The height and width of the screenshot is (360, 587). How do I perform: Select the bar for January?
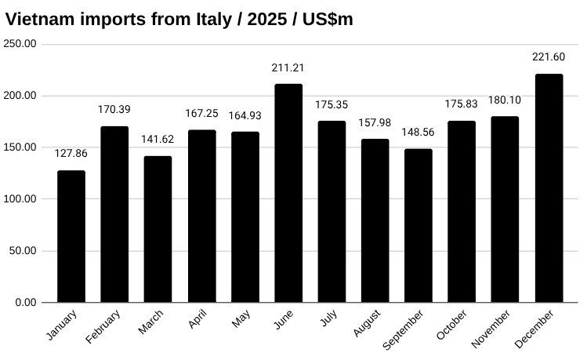71,236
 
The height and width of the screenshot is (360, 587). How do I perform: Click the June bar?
288,193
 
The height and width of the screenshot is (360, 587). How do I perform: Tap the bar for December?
549,188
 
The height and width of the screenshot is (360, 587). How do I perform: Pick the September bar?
419,225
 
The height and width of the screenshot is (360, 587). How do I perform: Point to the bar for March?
158,229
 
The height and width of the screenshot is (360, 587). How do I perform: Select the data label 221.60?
549,56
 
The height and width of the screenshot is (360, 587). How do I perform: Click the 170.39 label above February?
114,109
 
